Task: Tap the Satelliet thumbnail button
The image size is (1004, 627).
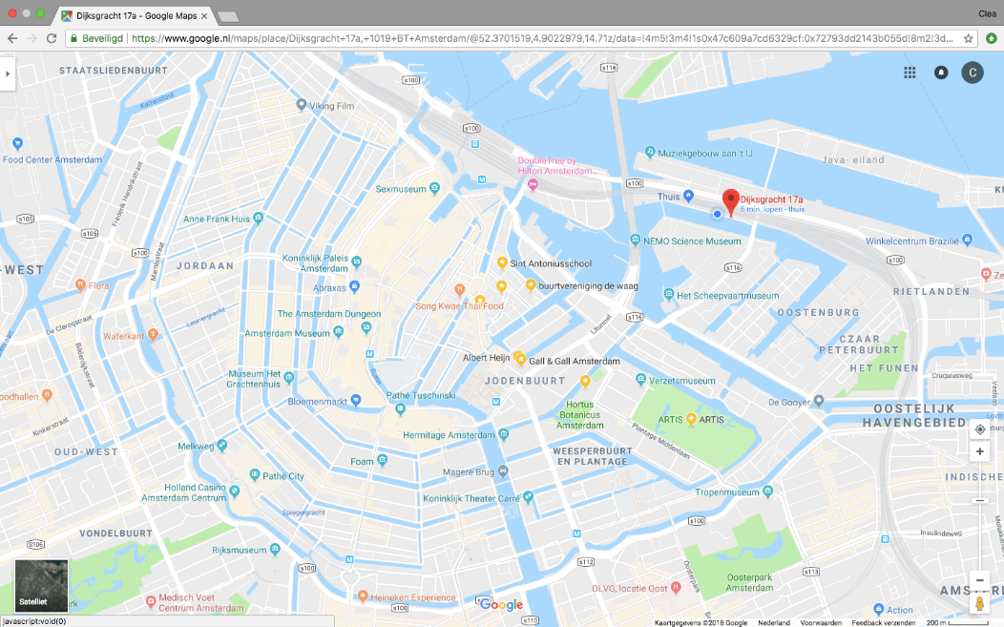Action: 42,585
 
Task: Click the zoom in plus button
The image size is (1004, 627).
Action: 979,451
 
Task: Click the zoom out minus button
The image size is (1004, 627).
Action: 979,579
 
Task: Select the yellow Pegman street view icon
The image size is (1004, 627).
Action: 979,603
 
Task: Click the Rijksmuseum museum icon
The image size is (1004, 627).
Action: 275,550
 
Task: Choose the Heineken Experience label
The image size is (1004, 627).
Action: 413,597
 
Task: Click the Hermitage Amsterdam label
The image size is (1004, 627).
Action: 449,435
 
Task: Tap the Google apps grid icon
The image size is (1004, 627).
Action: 910,73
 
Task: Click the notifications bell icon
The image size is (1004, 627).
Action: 941,73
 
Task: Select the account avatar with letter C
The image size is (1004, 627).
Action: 972,73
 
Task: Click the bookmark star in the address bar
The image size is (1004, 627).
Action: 969,39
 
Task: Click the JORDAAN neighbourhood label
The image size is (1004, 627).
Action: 204,265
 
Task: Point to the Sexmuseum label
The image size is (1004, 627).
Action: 401,189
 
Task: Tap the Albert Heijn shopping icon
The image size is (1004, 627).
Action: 520,358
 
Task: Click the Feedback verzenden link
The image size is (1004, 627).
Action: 884,622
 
